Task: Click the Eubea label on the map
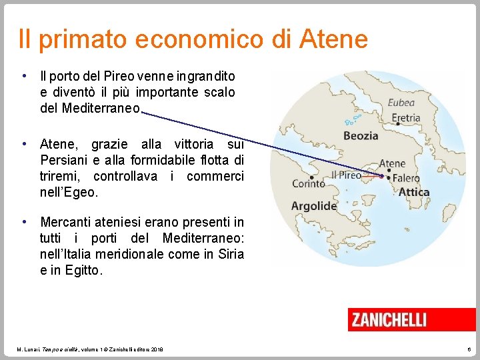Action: point(401,103)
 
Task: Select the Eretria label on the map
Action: point(405,118)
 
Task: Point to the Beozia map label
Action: point(360,136)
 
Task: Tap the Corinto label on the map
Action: point(309,183)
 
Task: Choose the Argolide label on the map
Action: point(314,206)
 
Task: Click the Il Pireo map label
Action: point(346,175)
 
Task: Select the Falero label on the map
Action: point(406,178)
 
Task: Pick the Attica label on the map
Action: point(414,192)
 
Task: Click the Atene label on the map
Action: point(392,163)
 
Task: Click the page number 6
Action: point(469,349)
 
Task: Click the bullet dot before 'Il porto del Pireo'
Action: point(23,75)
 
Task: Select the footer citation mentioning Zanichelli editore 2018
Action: point(90,349)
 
